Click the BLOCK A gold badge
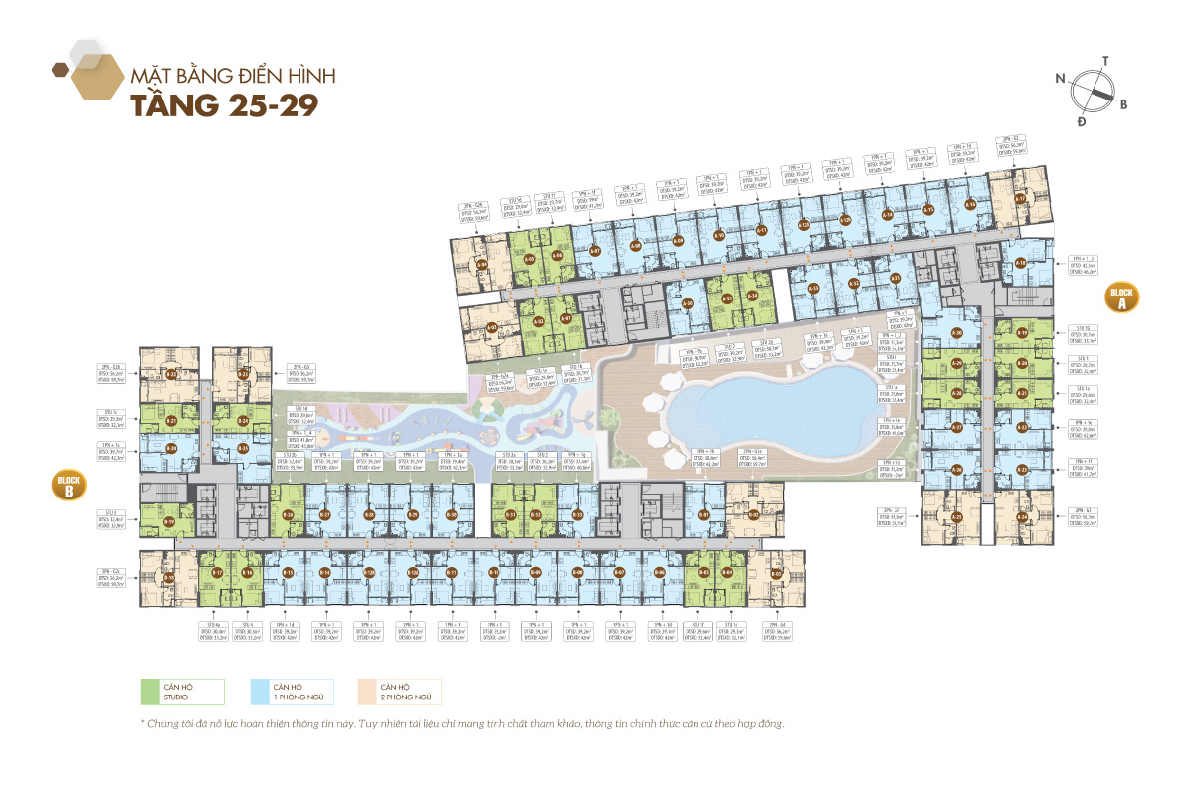(x=1121, y=298)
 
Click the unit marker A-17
(x=1020, y=199)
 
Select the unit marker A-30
(x=957, y=332)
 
